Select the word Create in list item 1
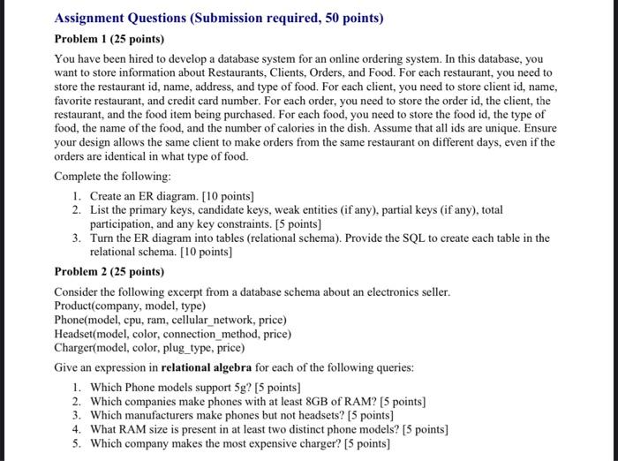109,195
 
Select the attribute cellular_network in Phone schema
224,320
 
